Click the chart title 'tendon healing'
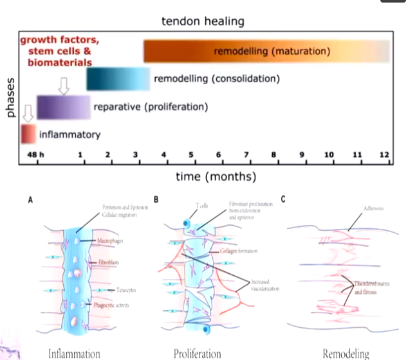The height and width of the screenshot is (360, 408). point(203,21)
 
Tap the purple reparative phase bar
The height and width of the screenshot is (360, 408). point(63,107)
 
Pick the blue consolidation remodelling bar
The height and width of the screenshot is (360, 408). point(118,79)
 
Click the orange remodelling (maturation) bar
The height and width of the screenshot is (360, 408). point(266,51)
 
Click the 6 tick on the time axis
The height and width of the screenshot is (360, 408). point(219,155)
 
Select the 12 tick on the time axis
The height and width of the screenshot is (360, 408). point(384,155)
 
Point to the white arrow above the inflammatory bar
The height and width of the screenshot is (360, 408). point(27,114)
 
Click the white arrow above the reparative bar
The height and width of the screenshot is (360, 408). point(63,85)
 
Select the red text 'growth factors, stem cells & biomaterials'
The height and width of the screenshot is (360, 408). point(55,51)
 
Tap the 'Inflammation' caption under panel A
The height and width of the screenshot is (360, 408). point(73,353)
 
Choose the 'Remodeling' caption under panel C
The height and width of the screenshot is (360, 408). point(346,353)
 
